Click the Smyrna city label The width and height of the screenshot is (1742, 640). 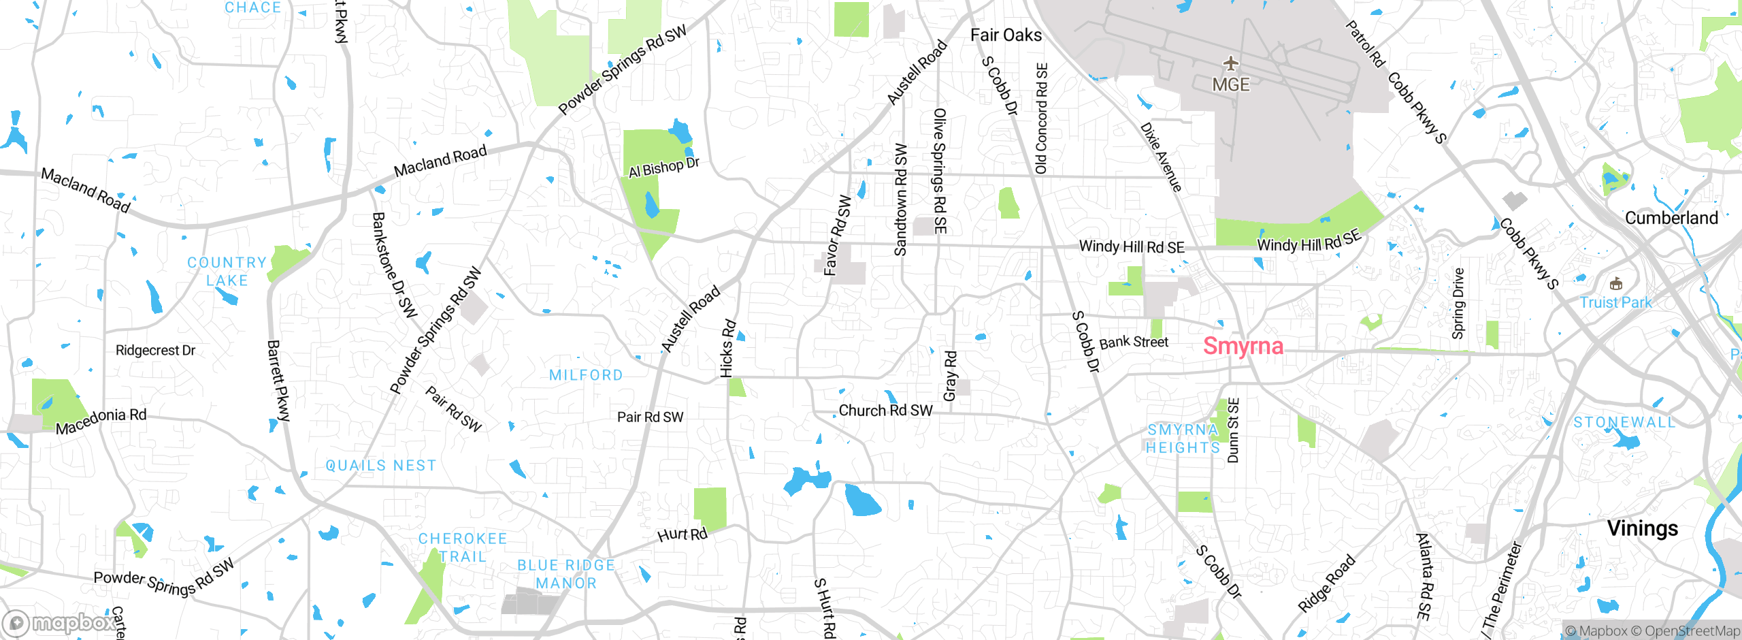click(1243, 346)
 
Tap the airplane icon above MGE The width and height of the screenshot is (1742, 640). click(1230, 64)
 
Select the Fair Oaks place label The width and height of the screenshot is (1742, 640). click(1005, 35)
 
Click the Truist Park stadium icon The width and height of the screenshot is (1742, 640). click(1615, 284)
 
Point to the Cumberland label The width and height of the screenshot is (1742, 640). click(1671, 218)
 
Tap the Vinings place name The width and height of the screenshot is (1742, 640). click(1642, 528)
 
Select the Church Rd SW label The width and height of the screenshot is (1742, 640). click(885, 411)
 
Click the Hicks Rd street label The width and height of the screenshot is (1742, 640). click(727, 348)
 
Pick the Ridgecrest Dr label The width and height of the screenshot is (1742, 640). click(155, 351)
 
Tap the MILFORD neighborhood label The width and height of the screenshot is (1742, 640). click(586, 375)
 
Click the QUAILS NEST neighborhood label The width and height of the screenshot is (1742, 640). click(380, 466)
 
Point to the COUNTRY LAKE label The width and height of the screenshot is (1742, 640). click(227, 272)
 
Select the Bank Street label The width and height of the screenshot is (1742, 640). click(1133, 342)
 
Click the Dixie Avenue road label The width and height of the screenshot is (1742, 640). click(1160, 157)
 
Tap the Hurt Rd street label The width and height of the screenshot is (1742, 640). click(683, 534)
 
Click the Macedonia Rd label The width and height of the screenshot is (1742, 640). click(101, 421)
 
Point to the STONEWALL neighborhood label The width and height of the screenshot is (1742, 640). click(1624, 423)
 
